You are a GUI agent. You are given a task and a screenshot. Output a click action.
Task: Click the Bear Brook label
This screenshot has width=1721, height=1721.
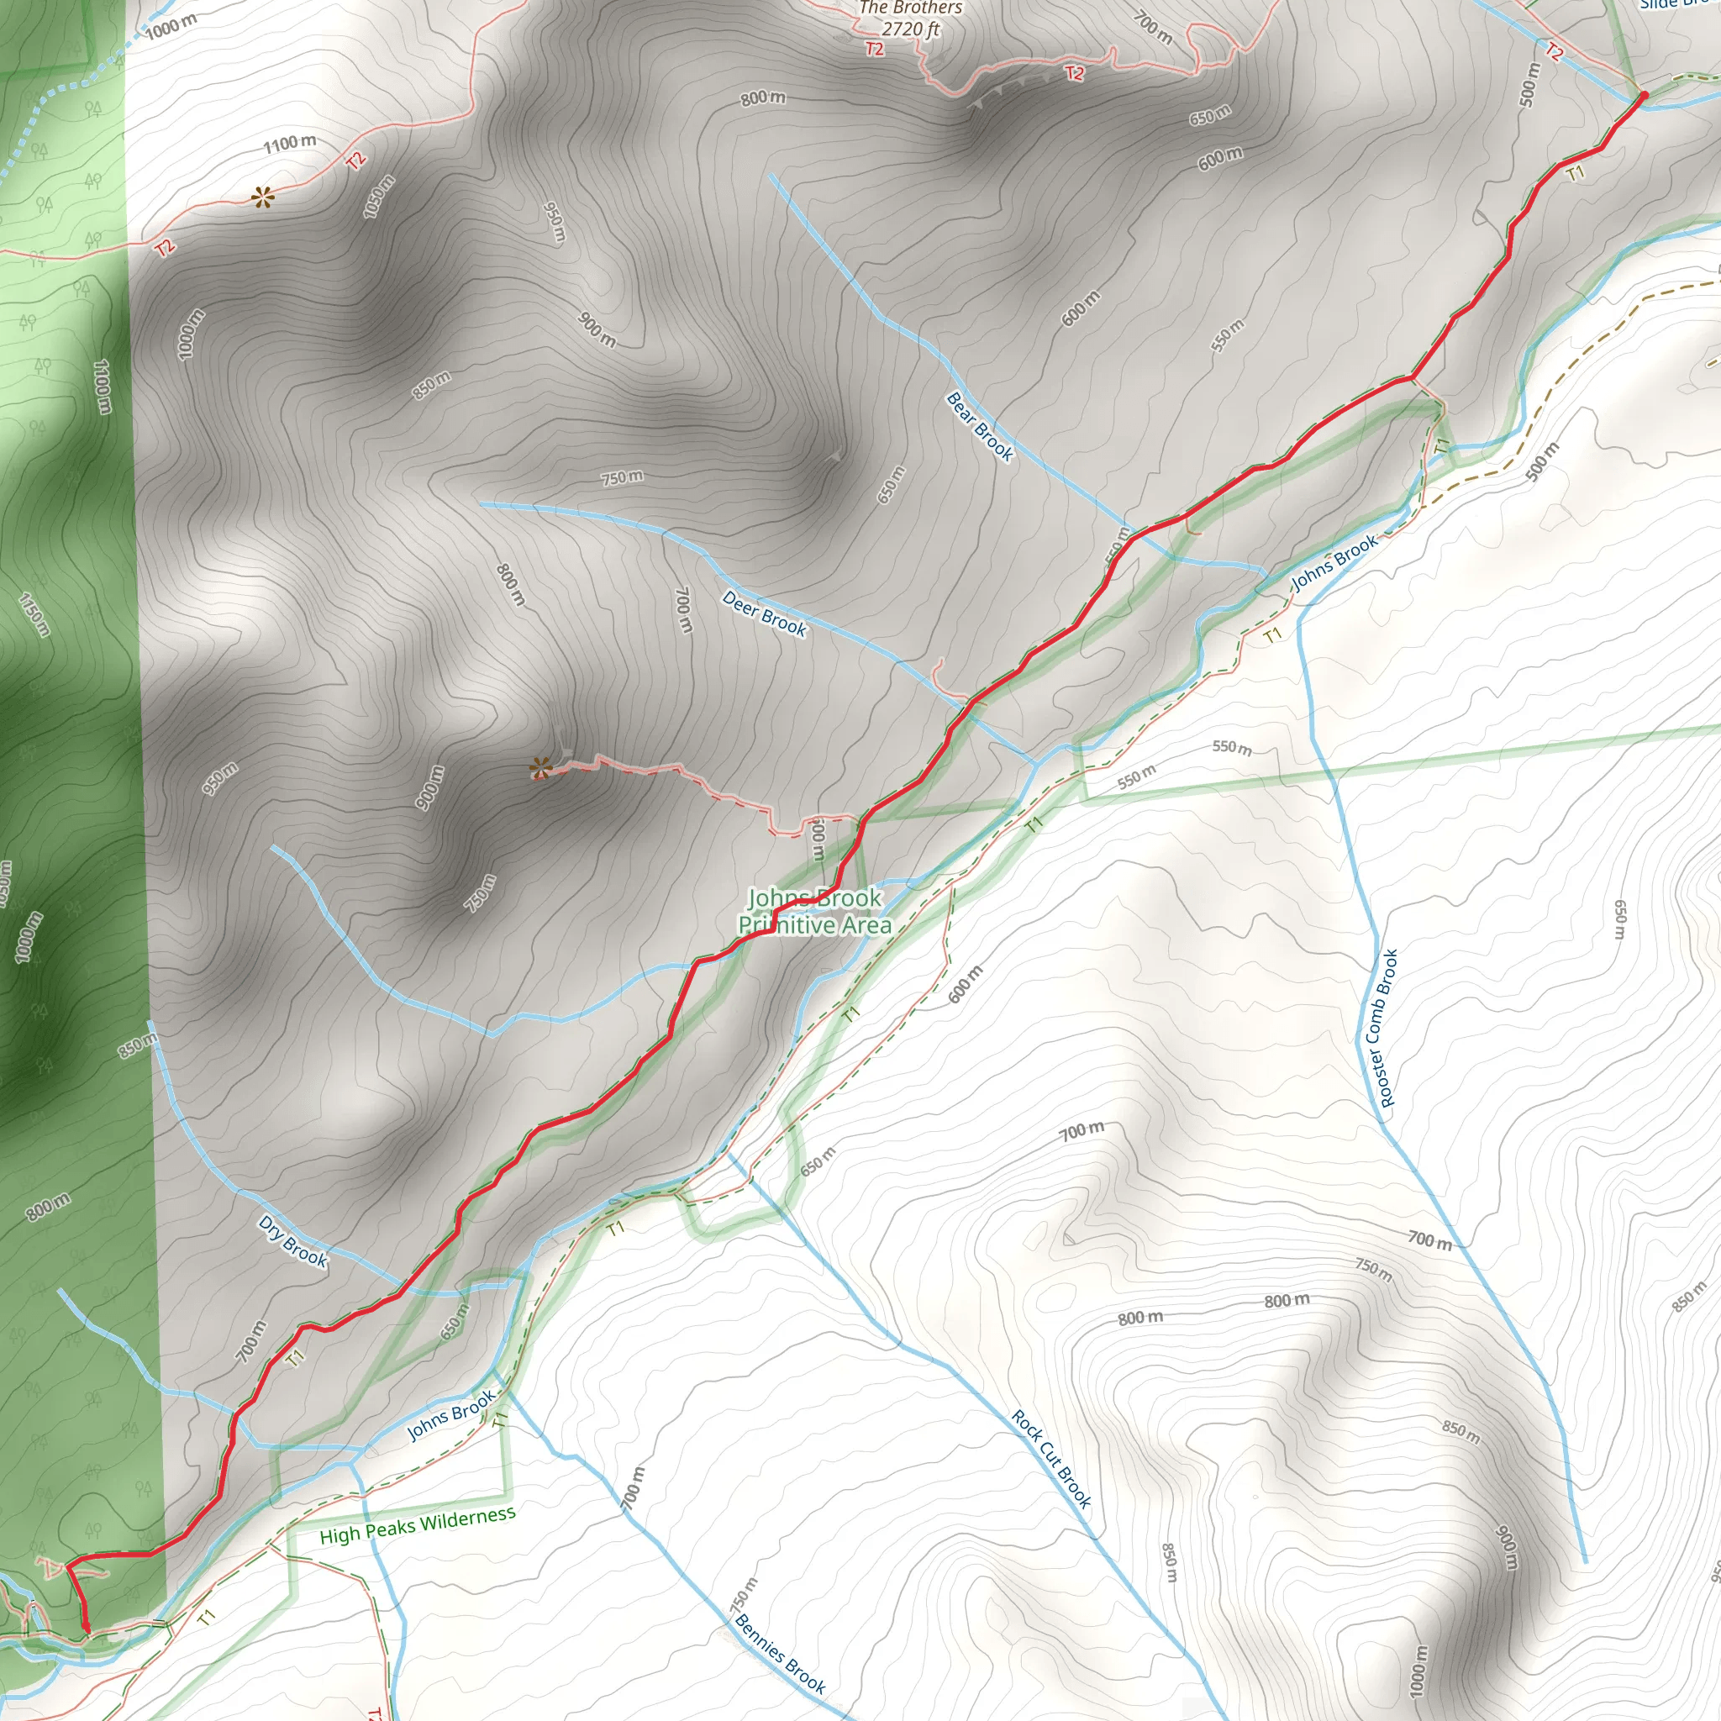point(980,427)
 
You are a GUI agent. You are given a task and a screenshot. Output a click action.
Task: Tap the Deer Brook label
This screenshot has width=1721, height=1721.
point(765,613)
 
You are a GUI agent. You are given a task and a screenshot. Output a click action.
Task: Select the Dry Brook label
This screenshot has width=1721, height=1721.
point(293,1241)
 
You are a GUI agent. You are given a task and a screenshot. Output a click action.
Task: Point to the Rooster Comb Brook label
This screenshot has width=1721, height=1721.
point(1377,1028)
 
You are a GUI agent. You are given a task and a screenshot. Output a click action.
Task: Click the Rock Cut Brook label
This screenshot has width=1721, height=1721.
point(1051,1458)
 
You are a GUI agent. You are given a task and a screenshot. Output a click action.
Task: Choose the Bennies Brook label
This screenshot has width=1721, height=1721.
point(780,1654)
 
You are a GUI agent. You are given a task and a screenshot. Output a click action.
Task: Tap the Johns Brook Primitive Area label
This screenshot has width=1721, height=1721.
point(814,911)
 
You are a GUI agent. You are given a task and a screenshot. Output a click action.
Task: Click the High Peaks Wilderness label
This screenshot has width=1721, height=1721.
point(417,1525)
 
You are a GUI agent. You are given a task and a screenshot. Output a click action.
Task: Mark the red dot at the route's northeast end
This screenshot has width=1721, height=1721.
point(1644,94)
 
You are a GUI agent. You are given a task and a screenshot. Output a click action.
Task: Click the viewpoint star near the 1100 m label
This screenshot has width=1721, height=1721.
point(261,197)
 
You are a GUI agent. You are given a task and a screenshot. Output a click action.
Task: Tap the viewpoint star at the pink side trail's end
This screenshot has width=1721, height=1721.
point(539,767)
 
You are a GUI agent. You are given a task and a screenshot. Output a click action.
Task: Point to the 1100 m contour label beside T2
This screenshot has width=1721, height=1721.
point(290,143)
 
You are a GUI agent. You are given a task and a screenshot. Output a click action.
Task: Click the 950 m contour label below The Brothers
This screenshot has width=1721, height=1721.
point(554,222)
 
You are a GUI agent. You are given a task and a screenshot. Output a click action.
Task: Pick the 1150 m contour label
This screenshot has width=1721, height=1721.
point(33,613)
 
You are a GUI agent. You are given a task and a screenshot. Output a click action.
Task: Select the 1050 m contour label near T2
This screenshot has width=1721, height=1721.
point(379,196)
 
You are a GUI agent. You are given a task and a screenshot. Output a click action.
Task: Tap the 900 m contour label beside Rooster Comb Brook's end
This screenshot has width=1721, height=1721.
point(1505,1548)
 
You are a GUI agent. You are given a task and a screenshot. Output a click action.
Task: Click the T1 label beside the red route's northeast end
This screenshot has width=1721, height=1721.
point(1576,173)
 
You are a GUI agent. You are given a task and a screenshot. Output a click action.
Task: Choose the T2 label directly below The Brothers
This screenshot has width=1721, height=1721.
point(875,49)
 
